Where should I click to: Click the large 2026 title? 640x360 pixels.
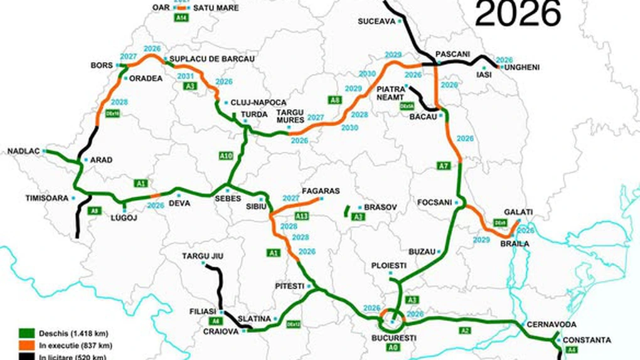point(518,13)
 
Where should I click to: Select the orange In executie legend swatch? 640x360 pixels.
point(27,346)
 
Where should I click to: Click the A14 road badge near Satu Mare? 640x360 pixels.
point(181,18)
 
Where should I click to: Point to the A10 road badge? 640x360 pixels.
point(227,155)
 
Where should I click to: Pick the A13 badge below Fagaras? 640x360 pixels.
point(302,216)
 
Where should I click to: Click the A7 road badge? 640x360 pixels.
point(444,166)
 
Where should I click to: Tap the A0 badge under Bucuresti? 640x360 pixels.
point(393,347)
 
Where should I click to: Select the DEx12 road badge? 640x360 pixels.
point(293,324)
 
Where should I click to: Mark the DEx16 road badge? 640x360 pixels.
point(112,114)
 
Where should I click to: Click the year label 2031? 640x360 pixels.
point(186,77)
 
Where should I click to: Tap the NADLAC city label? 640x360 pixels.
point(23,151)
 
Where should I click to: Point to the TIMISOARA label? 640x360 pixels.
point(46,198)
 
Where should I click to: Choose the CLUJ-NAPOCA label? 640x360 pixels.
point(259,102)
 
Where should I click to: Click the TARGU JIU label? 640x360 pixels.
point(203,256)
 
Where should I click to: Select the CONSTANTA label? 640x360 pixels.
point(587,340)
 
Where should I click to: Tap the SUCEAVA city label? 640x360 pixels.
point(376,21)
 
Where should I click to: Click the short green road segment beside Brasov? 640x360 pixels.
point(346,211)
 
